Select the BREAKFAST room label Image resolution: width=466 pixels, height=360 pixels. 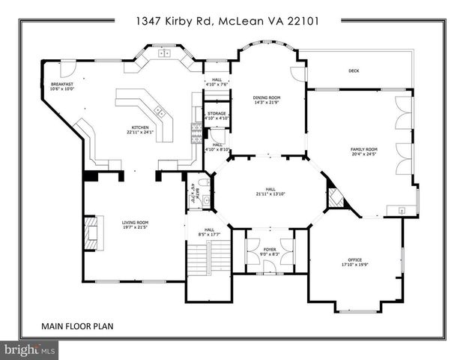[62, 84]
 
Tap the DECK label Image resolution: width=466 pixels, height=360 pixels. [354, 71]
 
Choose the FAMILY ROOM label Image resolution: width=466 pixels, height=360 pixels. [364, 149]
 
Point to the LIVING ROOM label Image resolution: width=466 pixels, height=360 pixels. [136, 222]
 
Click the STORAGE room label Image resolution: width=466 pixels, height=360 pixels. [217, 113]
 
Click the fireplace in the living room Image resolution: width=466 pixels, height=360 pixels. [90, 232]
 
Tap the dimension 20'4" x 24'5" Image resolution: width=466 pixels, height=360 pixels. [364, 154]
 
